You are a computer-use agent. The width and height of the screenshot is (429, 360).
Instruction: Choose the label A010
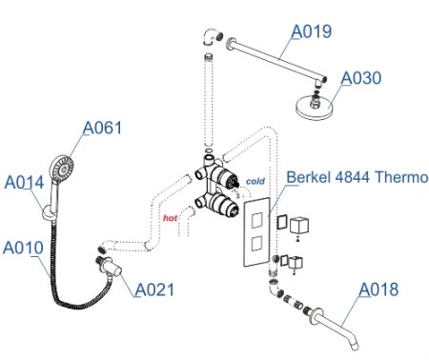click(x=23, y=248)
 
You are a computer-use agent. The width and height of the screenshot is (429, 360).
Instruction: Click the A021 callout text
click(x=154, y=289)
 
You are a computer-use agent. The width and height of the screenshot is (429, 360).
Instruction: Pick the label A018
click(x=378, y=290)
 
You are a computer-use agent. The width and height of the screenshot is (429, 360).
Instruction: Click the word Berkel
click(x=311, y=177)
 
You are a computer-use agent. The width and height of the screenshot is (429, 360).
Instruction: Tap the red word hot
click(x=171, y=218)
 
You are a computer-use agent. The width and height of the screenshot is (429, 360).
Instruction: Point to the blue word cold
click(x=255, y=180)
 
